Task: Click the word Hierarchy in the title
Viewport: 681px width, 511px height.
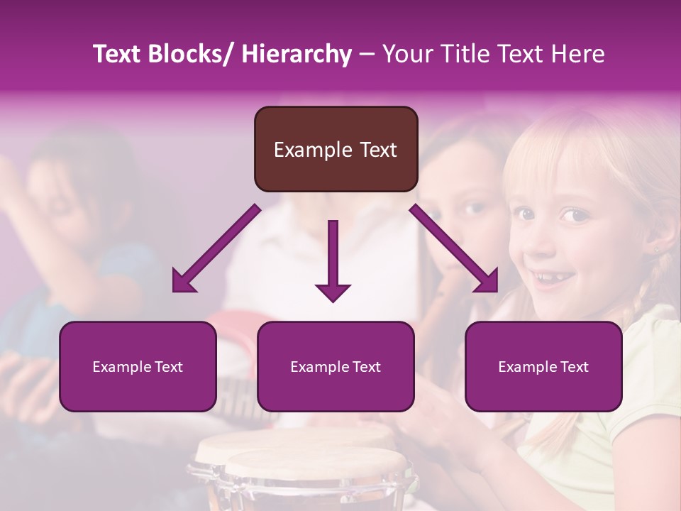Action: point(297,54)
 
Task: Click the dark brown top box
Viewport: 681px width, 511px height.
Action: point(336,149)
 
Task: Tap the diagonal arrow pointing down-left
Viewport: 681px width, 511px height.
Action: point(216,249)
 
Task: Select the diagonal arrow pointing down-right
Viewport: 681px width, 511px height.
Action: point(455,249)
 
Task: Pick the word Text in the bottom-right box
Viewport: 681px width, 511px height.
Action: point(573,367)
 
